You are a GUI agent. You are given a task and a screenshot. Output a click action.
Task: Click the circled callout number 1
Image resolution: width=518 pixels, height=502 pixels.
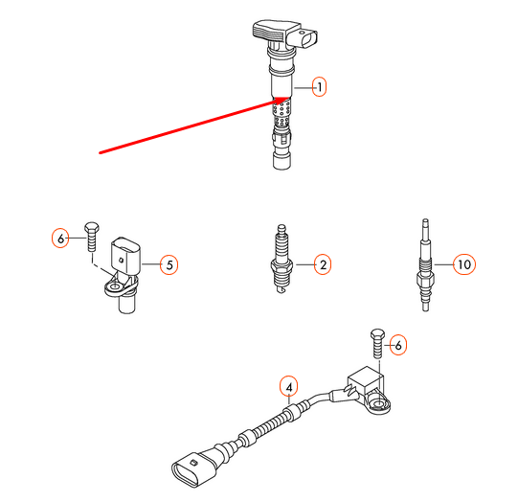(319, 87)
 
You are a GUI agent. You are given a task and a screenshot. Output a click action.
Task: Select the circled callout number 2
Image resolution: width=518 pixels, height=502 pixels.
(323, 264)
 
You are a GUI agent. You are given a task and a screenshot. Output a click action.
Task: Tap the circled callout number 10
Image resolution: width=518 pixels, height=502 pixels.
(464, 264)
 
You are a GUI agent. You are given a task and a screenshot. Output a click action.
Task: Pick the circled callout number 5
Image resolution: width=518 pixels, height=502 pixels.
(169, 264)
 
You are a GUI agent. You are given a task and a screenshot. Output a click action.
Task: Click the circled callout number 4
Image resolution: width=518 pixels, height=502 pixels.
(289, 386)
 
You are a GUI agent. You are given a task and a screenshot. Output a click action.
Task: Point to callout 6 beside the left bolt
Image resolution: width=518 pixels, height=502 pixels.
(60, 239)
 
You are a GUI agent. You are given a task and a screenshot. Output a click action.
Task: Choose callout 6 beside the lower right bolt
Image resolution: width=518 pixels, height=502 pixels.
(398, 345)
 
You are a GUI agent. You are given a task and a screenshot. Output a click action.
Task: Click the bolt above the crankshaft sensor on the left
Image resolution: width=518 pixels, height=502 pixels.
(92, 237)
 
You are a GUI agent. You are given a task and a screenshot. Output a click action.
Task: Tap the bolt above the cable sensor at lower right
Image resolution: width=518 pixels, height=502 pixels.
(377, 343)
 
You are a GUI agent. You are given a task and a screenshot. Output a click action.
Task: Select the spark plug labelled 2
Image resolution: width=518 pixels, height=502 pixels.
(282, 259)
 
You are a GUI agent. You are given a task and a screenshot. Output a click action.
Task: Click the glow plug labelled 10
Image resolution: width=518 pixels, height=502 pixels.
(425, 265)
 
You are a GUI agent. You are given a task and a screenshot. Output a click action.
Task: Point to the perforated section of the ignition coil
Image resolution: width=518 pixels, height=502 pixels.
(282, 112)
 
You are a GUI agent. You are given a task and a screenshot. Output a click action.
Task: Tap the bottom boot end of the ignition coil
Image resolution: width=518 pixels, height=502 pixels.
(282, 160)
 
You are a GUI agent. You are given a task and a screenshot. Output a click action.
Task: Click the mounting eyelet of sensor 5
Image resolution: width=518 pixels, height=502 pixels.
(115, 286)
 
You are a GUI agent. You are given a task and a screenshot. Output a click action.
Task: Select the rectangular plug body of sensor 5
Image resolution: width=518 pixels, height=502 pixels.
(125, 255)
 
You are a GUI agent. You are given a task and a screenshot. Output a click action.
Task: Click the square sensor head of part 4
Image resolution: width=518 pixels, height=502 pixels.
(366, 381)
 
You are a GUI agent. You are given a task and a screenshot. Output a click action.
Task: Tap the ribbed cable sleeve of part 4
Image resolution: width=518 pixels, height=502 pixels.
(270, 425)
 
